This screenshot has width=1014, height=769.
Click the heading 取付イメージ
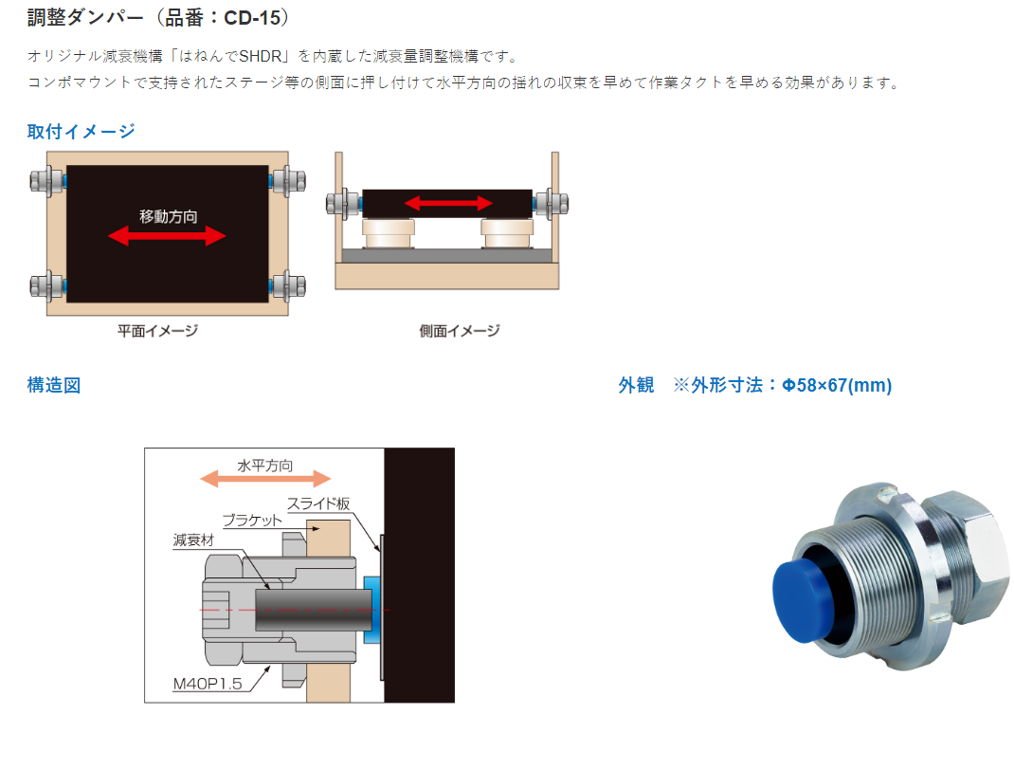(81, 132)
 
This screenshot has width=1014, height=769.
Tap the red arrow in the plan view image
(167, 235)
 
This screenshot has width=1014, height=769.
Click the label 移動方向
(168, 216)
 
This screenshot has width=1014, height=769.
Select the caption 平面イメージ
(157, 331)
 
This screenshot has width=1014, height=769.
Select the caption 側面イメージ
(460, 331)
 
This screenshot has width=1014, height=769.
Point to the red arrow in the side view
(448, 203)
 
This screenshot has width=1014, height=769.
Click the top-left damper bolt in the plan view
(47, 180)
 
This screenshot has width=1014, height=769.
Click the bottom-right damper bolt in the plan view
(287, 286)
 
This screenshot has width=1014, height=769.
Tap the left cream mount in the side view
(388, 233)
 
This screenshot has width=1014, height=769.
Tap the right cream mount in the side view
(508, 233)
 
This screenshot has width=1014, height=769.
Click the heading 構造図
(54, 385)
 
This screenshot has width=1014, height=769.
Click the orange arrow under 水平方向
(265, 479)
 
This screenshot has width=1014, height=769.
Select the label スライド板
(318, 504)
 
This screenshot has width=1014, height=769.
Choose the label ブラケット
(252, 521)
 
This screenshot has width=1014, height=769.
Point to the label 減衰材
(193, 540)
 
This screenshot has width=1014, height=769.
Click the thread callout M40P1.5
(207, 684)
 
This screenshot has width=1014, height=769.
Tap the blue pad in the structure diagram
(371, 610)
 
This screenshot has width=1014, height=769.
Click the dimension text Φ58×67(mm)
(837, 385)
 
